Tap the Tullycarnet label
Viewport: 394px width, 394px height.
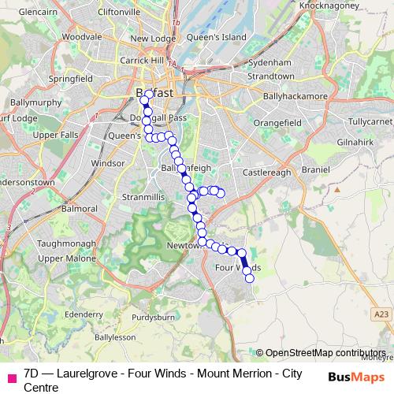pyautogui.click(x=367, y=123)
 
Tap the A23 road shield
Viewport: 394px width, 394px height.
pyautogui.click(x=382, y=314)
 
